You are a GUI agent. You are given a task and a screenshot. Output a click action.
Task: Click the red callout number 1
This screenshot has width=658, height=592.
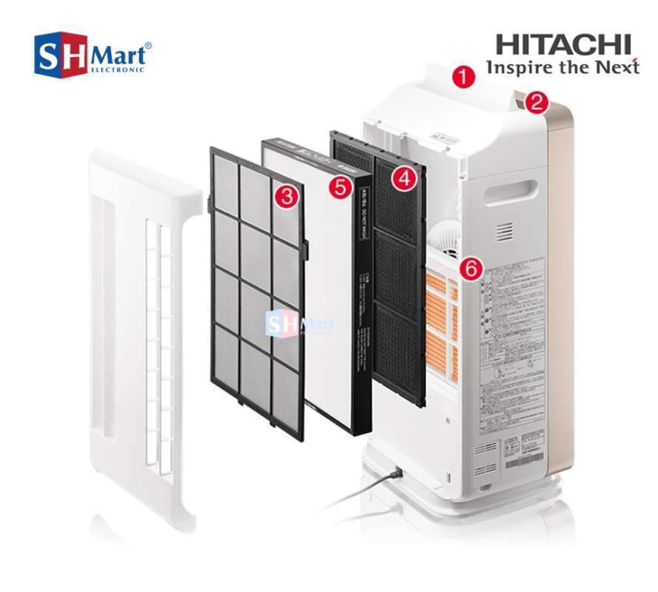(x=463, y=77)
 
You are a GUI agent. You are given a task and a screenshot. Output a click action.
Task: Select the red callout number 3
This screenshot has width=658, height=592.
(x=286, y=196)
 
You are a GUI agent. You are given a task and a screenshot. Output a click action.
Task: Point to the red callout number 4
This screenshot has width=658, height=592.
(x=403, y=178)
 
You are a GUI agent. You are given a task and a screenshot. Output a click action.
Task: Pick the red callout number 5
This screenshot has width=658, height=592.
(x=340, y=187)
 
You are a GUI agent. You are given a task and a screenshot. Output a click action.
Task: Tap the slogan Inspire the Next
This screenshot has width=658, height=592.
(x=562, y=67)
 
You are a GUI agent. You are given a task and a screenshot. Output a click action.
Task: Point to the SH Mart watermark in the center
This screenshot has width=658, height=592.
(x=299, y=323)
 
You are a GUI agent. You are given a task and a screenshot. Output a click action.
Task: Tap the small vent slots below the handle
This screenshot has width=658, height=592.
(x=504, y=232)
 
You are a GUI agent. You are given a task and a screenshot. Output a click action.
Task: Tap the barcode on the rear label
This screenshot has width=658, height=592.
(x=523, y=460)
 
